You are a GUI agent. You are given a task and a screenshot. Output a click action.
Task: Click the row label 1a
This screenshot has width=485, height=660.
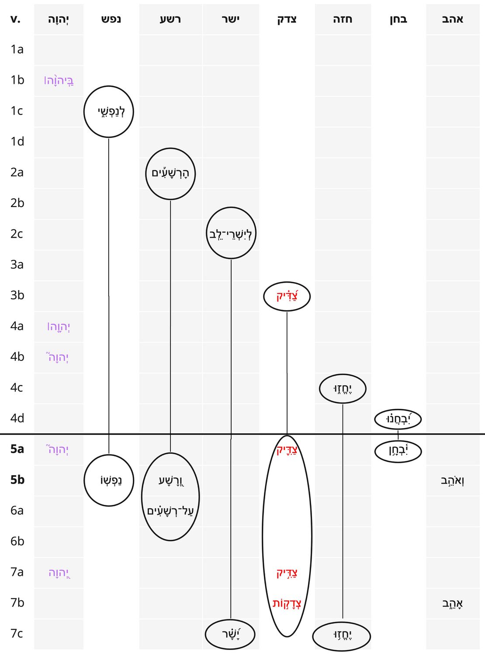(17, 49)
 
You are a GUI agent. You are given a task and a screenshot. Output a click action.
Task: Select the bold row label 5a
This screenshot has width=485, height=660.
(17, 449)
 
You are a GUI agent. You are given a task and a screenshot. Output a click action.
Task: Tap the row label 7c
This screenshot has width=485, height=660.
(17, 633)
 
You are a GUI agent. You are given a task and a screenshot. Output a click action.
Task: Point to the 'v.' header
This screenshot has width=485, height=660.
(15, 19)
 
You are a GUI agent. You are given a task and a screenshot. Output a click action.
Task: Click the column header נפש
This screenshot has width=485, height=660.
(111, 19)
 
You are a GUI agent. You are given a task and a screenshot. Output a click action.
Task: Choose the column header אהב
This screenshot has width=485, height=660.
(452, 19)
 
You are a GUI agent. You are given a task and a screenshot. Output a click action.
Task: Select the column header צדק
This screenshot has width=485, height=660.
(287, 19)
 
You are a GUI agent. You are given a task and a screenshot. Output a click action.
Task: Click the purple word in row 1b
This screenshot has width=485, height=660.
(59, 80)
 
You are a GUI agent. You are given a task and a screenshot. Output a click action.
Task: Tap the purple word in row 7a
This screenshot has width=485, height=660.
(59, 572)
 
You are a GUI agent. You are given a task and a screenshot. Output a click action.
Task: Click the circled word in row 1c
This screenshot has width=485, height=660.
(111, 112)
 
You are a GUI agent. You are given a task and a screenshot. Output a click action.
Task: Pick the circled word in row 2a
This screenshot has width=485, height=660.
(170, 173)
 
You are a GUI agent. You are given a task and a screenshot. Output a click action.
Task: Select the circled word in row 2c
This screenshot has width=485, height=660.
(231, 234)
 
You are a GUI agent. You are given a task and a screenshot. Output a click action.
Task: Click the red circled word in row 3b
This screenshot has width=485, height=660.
(287, 296)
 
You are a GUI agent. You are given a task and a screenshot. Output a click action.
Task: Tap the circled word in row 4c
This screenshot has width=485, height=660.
(343, 388)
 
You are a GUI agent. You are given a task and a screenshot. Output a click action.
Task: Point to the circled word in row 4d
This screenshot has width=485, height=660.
(398, 419)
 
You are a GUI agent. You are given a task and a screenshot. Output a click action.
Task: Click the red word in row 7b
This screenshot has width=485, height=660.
(287, 603)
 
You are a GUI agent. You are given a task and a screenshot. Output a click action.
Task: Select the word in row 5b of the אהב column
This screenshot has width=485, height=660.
(452, 480)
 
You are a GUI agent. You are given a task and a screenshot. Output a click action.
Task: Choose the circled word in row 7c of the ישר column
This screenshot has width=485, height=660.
(231, 634)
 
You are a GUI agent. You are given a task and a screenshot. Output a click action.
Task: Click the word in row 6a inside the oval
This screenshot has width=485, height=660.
(170, 511)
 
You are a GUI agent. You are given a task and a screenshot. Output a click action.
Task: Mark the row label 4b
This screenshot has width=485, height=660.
(17, 357)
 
